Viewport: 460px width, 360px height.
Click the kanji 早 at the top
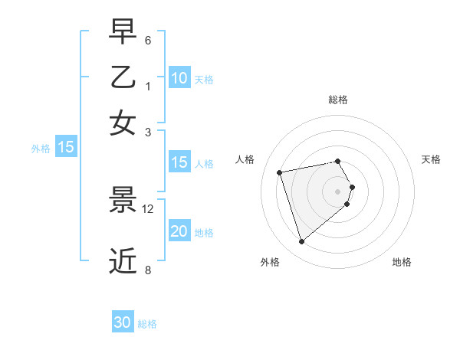tap(123, 33)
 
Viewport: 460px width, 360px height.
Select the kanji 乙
tap(123, 77)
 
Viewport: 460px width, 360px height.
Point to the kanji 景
tap(123, 201)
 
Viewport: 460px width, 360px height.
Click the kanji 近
tap(123, 260)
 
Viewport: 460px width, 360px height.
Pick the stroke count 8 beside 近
tap(148, 269)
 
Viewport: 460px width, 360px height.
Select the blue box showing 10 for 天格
tap(179, 78)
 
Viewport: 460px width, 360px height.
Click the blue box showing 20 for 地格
tap(179, 231)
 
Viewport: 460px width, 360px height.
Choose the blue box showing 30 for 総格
tap(123, 322)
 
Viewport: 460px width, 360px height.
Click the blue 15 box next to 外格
tap(66, 147)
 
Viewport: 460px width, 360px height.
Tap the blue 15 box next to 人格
tap(179, 162)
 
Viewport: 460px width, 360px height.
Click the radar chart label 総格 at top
tap(337, 100)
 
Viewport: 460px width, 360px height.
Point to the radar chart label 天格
tap(431, 159)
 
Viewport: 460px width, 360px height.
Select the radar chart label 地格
tap(402, 262)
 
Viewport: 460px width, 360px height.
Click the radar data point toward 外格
tap(301, 242)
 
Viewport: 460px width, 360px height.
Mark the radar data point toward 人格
tap(280, 172)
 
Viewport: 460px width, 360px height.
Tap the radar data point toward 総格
tap(337, 161)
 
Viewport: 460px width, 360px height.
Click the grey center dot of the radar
tap(337, 191)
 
